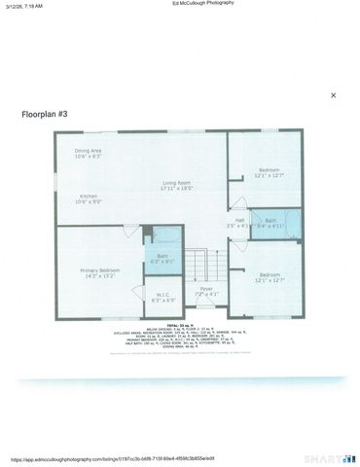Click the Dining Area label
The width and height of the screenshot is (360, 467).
pyautogui.click(x=89, y=151)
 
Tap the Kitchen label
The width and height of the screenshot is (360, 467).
pyautogui.click(x=89, y=197)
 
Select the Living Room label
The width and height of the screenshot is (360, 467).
pyautogui.click(x=176, y=183)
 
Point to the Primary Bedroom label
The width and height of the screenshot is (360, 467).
pyautogui.click(x=100, y=269)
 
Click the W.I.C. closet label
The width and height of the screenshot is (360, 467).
pyautogui.click(x=163, y=294)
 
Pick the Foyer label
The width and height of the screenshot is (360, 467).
pyautogui.click(x=206, y=288)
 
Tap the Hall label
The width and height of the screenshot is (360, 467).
pyautogui.click(x=238, y=220)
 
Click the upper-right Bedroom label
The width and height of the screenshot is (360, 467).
pyautogui.click(x=270, y=169)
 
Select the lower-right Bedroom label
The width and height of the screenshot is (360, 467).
pyautogui.click(x=270, y=275)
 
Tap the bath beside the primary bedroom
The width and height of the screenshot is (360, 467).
pyautogui.click(x=162, y=256)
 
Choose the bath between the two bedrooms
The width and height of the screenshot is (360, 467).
pyautogui.click(x=272, y=221)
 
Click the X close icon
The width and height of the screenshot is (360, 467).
pyautogui.click(x=333, y=95)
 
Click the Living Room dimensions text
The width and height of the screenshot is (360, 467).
pyautogui.click(x=176, y=190)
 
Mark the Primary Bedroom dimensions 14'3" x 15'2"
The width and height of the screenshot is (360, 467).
pyautogui.click(x=100, y=276)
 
